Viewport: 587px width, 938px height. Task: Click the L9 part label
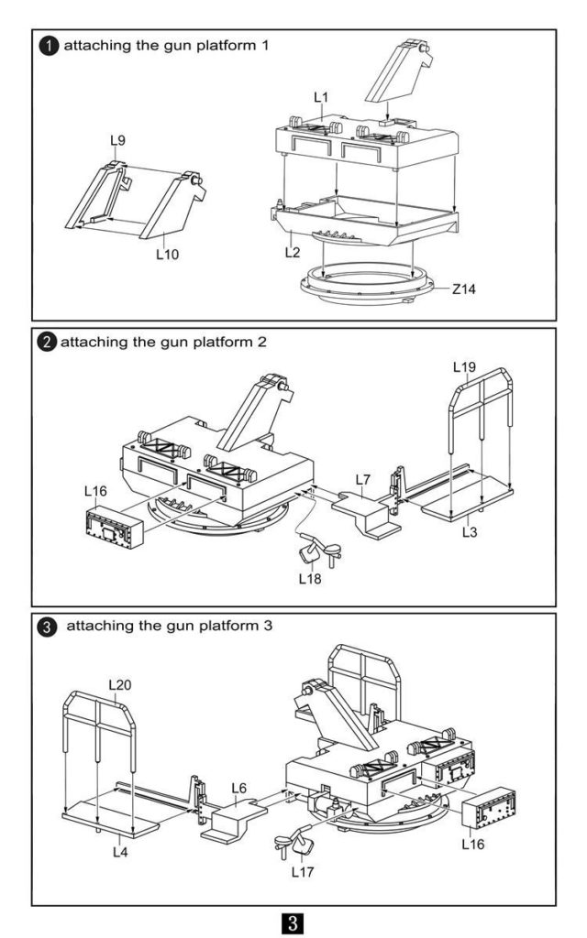click(x=118, y=140)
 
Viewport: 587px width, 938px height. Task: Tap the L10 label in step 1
click(x=168, y=255)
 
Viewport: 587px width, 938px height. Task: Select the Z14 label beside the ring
click(x=463, y=289)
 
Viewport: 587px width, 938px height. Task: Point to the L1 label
click(x=321, y=97)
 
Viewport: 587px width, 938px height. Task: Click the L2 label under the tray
click(x=293, y=253)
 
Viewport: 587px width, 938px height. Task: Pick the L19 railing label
click(x=464, y=366)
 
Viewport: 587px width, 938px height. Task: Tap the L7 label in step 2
click(x=363, y=479)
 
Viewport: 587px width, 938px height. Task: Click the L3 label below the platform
click(x=470, y=532)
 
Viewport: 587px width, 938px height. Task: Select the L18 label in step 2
click(x=310, y=579)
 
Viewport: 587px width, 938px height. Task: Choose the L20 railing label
click(x=120, y=684)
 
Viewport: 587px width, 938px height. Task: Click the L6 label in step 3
click(x=239, y=788)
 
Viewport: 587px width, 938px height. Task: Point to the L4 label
click(x=120, y=851)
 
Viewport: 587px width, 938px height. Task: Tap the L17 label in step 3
click(x=303, y=872)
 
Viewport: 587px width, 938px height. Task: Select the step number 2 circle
click(x=47, y=343)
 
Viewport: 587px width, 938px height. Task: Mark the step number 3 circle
click(x=47, y=627)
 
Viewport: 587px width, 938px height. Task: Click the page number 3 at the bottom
click(x=293, y=922)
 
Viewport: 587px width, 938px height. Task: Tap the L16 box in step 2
click(x=115, y=528)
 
